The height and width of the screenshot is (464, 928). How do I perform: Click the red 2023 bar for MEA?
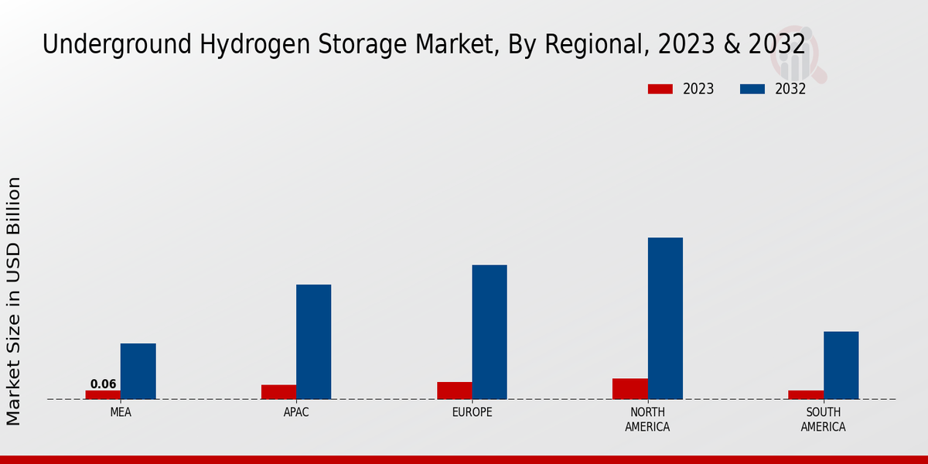coord(103,394)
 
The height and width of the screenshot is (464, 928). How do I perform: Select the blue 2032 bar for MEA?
coord(138,371)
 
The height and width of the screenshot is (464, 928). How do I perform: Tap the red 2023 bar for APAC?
coord(278,392)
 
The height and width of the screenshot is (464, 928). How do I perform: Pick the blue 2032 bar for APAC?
coord(313,342)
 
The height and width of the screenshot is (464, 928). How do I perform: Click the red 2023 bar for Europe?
coord(454,391)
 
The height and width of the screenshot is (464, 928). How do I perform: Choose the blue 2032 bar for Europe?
coord(490,332)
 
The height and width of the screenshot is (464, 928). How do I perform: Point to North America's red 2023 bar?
coord(629,389)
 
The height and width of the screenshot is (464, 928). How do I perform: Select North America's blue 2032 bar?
coord(665,318)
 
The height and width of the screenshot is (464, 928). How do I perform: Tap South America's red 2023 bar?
coord(806,394)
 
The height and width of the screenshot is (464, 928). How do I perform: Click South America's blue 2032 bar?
coord(841,365)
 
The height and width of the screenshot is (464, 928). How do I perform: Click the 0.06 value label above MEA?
coord(103,384)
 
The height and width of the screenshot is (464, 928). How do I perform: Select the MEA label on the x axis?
coord(121,412)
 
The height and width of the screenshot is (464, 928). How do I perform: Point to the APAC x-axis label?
coord(296,412)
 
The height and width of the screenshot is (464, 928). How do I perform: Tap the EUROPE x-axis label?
coord(472,412)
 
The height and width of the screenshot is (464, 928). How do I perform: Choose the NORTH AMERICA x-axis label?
coord(647,419)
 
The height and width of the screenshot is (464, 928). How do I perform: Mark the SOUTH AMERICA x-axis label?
coord(823,419)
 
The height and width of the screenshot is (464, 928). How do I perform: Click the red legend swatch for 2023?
coord(660,89)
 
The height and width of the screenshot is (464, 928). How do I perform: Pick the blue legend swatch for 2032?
coord(752,89)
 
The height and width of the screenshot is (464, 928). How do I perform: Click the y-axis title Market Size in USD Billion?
coord(14,302)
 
